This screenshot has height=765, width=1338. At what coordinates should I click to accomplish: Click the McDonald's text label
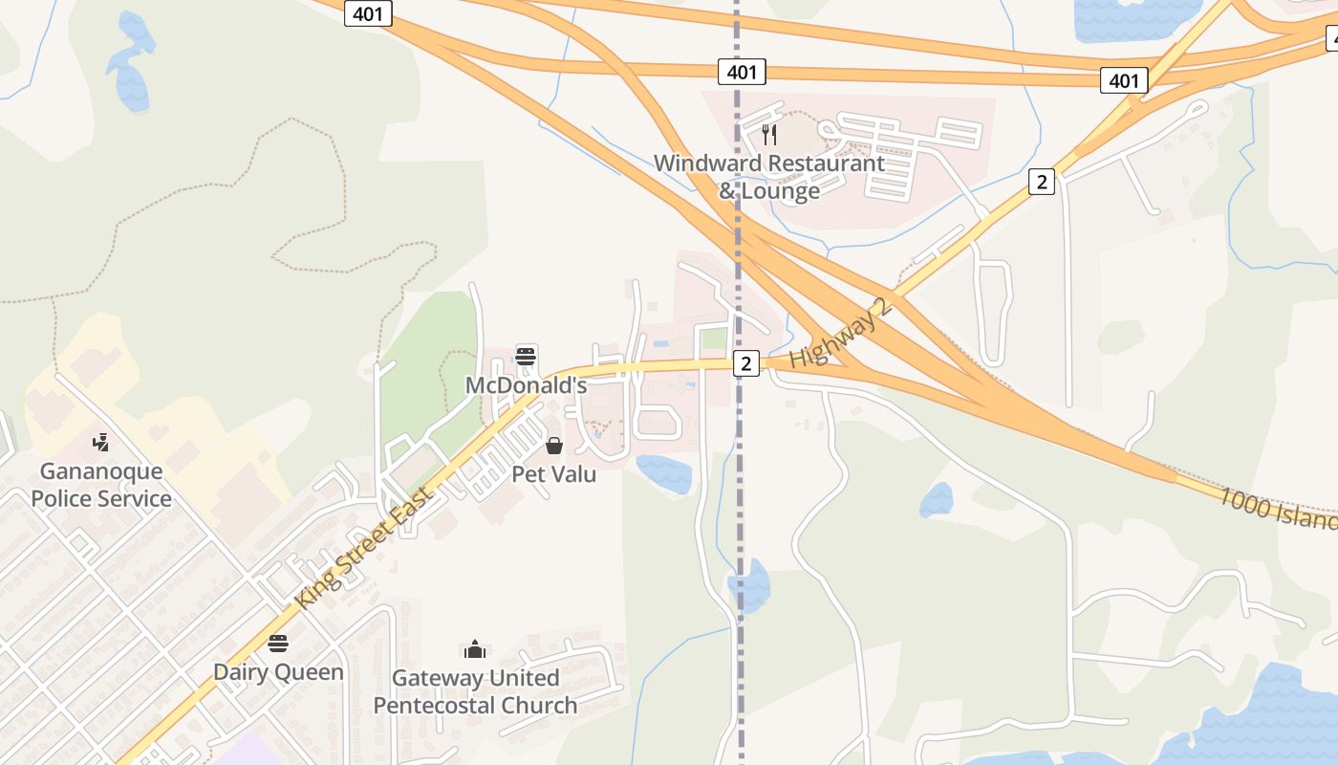(x=525, y=385)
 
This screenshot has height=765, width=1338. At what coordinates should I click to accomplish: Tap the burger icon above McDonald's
(x=526, y=357)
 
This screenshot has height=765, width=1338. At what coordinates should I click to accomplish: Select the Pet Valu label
(x=553, y=473)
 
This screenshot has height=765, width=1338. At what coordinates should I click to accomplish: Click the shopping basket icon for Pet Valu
(x=554, y=446)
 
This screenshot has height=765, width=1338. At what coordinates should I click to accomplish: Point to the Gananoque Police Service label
(x=101, y=485)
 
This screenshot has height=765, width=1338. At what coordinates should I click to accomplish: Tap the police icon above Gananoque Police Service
(x=100, y=442)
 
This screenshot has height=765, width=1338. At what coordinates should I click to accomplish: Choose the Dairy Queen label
(x=278, y=671)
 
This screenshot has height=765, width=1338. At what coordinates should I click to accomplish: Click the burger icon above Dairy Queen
(x=278, y=643)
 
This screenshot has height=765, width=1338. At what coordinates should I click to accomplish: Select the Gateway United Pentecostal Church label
(x=475, y=691)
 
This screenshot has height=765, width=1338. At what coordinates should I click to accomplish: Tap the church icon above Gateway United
(x=475, y=650)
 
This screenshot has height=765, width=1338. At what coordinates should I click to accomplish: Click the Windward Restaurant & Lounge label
(x=769, y=177)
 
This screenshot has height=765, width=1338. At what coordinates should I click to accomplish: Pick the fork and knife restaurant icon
(x=770, y=135)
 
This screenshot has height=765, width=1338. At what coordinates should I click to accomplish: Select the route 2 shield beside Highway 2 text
(x=746, y=363)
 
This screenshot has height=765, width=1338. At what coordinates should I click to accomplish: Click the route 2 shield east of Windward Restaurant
(x=1042, y=181)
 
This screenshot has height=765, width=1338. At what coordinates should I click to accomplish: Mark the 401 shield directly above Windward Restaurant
(x=742, y=72)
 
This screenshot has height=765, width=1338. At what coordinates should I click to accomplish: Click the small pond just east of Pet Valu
(x=665, y=473)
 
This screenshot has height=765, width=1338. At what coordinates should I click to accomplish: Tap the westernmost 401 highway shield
(x=368, y=13)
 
